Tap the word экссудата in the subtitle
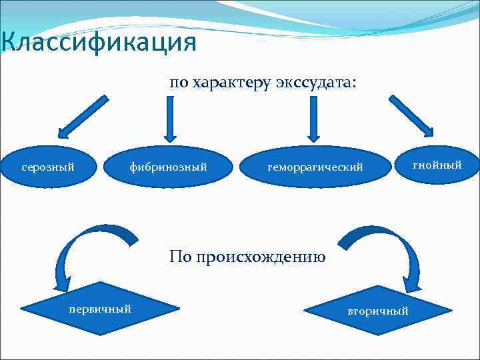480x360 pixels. click(x=315, y=83)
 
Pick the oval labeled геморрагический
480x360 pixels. click(x=315, y=167)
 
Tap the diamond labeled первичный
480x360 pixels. click(x=100, y=309)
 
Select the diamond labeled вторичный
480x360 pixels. click(x=377, y=311)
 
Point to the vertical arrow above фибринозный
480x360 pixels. click(x=171, y=119)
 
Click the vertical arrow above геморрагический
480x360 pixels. click(x=314, y=119)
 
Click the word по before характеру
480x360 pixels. click(x=179, y=83)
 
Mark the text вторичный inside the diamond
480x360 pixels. click(x=377, y=311)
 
